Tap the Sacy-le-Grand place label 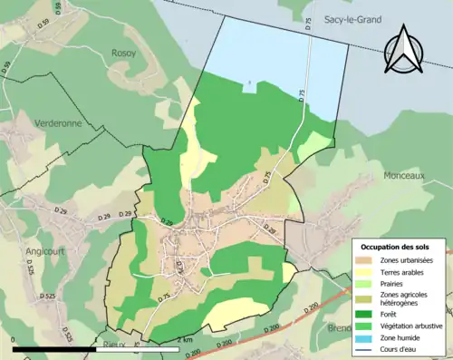[350, 19]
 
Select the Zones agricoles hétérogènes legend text [405, 299]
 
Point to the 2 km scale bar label [186, 340]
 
